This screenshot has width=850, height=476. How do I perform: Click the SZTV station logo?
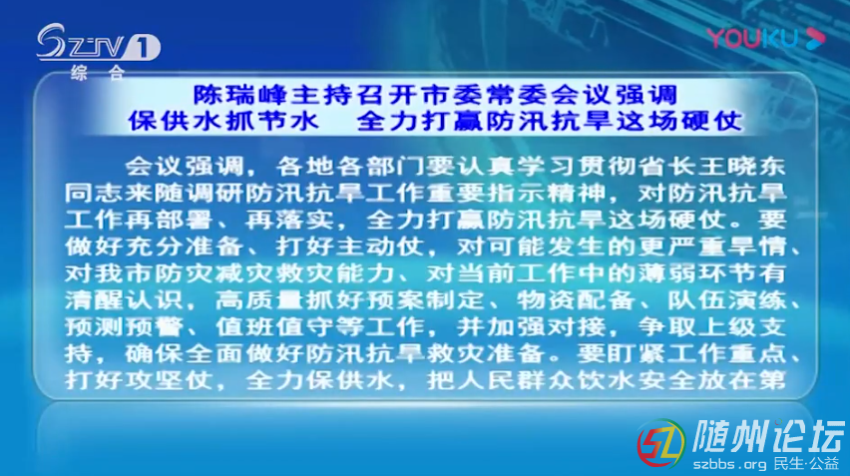click(98, 43)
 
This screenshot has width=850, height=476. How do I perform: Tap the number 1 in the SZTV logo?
click(143, 48)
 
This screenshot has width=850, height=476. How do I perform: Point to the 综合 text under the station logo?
click(98, 72)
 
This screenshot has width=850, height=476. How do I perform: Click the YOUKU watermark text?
click(752, 39)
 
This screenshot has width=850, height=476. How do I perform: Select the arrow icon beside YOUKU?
click(815, 38)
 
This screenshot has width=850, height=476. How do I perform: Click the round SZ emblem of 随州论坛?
click(660, 443)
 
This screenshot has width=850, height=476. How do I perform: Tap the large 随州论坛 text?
click(768, 436)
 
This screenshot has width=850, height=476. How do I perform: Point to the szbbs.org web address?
click(729, 464)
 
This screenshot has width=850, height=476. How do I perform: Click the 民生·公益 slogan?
click(807, 464)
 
